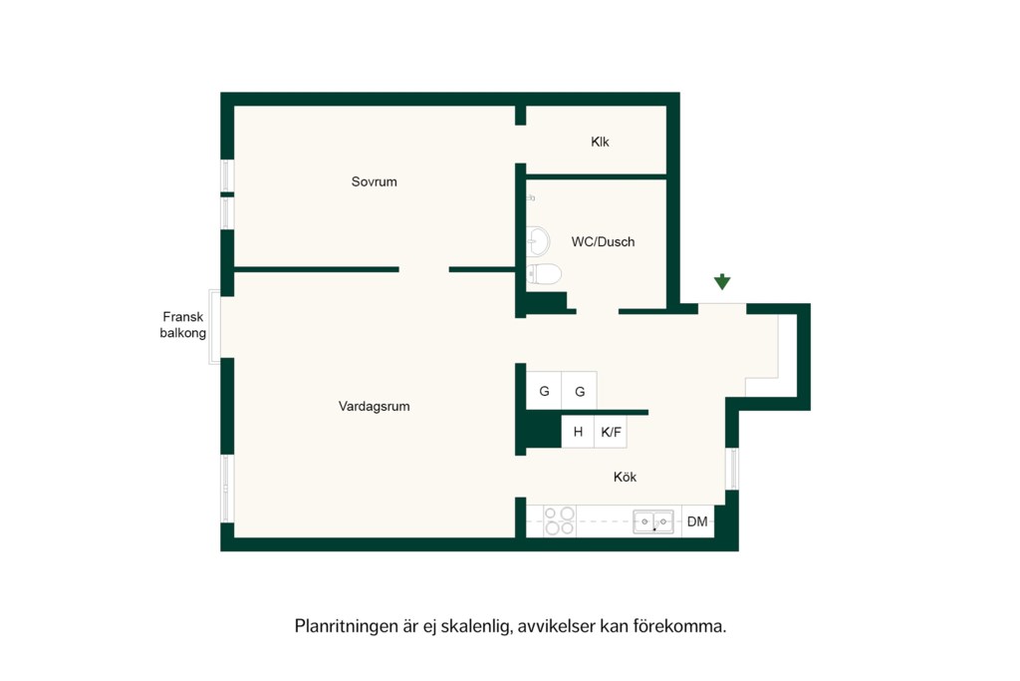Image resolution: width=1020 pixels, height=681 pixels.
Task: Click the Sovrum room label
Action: click(x=375, y=181)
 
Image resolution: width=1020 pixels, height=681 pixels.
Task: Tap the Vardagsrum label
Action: click(x=375, y=406)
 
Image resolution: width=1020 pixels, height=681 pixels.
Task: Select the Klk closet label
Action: click(x=600, y=142)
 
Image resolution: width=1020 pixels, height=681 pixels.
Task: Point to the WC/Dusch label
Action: click(x=603, y=241)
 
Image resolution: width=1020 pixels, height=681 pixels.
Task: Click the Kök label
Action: click(x=625, y=477)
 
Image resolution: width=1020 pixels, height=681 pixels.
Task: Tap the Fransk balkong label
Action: click(x=183, y=325)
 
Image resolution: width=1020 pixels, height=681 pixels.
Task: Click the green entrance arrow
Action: click(x=722, y=282)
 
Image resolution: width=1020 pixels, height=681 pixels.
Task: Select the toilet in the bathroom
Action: click(x=544, y=274)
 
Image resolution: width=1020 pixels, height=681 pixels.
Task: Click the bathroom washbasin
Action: click(x=538, y=241)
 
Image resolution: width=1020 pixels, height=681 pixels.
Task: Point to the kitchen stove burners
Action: click(x=560, y=520)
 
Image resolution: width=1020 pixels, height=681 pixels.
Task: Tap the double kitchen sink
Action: click(x=653, y=521)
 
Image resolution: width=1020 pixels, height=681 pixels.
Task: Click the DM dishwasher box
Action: click(x=697, y=521)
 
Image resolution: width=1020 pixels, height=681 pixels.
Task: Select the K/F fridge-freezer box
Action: click(x=611, y=432)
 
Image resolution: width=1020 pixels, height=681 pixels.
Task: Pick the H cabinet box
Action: click(x=578, y=432)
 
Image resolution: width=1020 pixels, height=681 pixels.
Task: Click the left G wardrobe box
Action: click(x=544, y=391)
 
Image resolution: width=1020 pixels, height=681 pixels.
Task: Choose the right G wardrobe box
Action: click(x=579, y=391)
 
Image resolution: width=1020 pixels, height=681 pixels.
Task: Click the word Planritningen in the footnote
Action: click(x=346, y=626)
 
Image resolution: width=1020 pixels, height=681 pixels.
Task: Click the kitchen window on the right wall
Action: click(x=732, y=469)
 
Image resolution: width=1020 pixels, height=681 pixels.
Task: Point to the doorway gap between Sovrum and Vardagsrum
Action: click(x=424, y=269)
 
